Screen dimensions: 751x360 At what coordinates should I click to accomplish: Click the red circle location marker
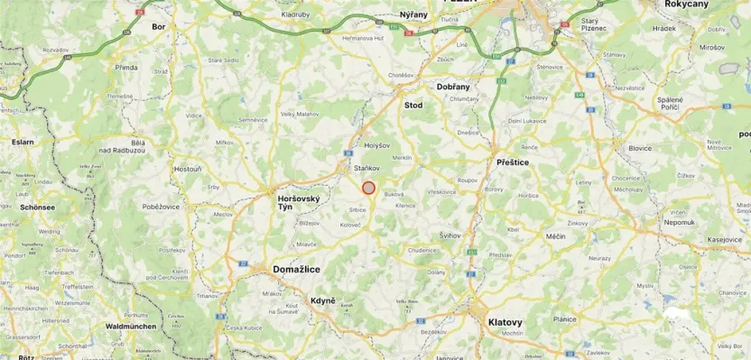click(368, 188)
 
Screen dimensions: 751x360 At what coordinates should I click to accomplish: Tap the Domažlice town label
click(300, 269)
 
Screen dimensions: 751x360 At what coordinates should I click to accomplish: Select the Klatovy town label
click(505, 321)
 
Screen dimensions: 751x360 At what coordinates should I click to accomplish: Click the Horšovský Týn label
click(297, 201)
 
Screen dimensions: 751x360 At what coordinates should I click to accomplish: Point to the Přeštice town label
click(513, 162)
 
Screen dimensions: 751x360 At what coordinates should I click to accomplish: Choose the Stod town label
click(413, 106)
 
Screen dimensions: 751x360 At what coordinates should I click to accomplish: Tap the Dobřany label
click(453, 86)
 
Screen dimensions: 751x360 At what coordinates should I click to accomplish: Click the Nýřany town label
click(413, 15)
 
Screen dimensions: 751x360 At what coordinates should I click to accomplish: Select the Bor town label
click(159, 27)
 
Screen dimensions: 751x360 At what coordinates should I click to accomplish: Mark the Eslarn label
click(22, 141)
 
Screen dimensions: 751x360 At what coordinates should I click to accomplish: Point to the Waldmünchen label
click(132, 326)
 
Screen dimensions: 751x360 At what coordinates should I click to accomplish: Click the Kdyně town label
click(323, 300)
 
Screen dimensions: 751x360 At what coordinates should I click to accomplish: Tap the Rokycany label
click(711, 5)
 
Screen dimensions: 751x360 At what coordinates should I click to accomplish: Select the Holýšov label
click(376, 144)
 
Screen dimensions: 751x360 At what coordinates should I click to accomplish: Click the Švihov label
click(450, 235)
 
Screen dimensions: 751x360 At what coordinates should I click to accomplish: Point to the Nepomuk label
click(679, 221)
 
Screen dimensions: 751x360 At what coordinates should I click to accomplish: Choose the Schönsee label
click(38, 207)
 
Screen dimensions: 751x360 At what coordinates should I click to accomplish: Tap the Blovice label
click(640, 148)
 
